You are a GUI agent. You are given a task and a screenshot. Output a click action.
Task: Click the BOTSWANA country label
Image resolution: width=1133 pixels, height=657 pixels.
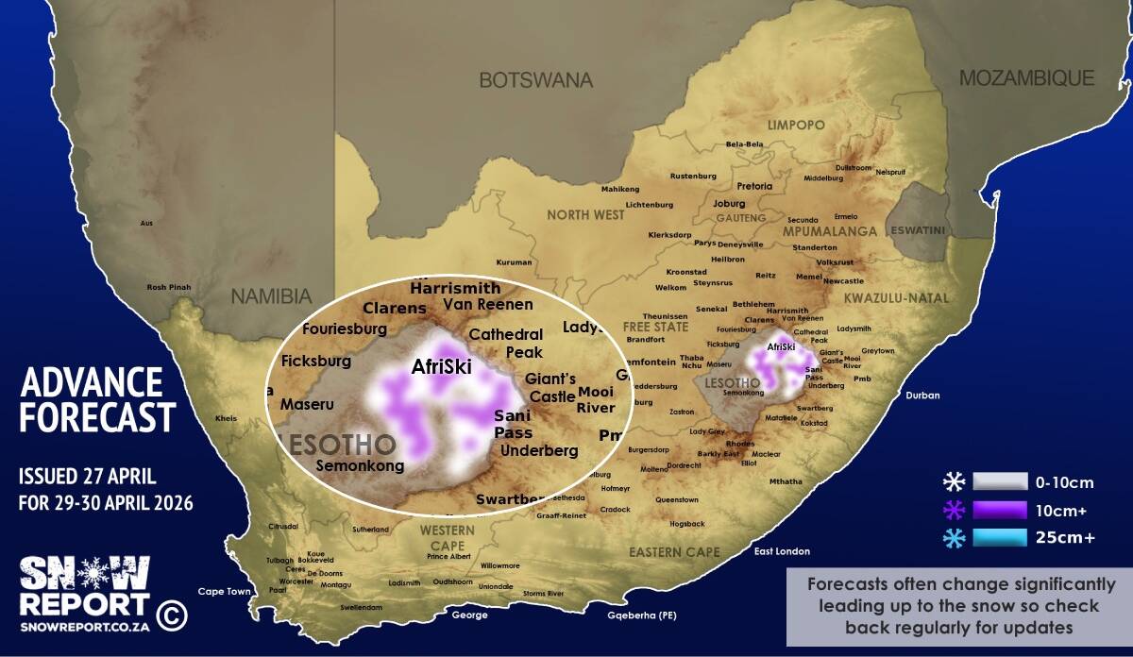[535, 80]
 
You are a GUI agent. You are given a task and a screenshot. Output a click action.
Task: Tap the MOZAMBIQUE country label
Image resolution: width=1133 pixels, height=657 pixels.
[1026, 78]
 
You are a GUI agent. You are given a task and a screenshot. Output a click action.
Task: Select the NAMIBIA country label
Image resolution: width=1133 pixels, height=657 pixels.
[272, 295]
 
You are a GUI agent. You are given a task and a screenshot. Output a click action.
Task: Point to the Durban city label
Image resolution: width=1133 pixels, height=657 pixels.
[922, 396]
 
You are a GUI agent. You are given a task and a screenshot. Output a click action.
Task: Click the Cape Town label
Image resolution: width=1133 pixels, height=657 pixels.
[224, 592]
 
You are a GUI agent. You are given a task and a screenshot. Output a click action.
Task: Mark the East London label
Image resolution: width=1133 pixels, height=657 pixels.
[783, 551]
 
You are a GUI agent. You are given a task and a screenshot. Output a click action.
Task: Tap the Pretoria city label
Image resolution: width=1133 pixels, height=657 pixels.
[754, 186]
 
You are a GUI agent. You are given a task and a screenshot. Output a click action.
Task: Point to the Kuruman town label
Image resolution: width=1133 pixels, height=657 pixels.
[515, 262]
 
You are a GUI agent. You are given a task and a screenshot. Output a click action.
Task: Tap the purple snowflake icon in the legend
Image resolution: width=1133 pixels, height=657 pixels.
[954, 511]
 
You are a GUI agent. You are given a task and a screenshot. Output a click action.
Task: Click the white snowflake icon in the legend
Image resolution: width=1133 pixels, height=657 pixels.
[954, 482]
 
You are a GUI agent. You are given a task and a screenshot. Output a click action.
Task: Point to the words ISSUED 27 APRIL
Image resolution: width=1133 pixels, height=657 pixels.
[87, 476]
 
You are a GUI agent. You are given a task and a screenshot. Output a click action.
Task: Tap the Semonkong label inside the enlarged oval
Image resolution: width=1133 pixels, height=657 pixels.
[360, 465]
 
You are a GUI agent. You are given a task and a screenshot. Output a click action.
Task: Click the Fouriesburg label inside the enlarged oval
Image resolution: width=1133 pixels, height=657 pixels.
[345, 329]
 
